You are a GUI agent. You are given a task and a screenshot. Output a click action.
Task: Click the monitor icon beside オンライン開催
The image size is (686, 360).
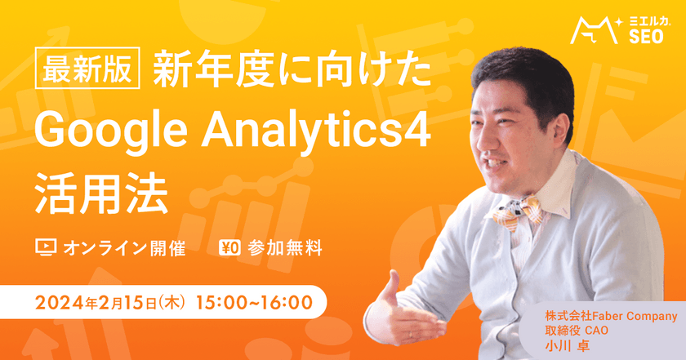[44, 247]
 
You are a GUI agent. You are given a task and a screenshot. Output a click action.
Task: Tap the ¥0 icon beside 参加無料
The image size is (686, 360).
[230, 247]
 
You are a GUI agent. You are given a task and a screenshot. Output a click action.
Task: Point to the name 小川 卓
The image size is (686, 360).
[567, 345]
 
